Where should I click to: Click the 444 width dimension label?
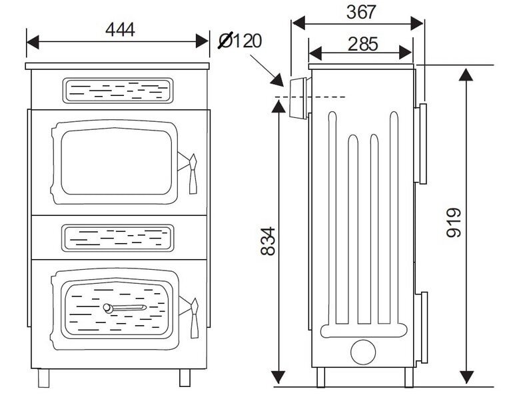pyautogui.click(x=120, y=29)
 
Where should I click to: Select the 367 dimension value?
pyautogui.click(x=361, y=12)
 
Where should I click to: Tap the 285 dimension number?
pyautogui.click(x=362, y=44)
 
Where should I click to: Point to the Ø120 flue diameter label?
pyautogui.click(x=241, y=41)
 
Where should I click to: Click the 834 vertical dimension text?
pyautogui.click(x=267, y=242)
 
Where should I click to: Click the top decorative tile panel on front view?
pyautogui.click(x=118, y=91)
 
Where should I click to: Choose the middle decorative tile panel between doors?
pyautogui.click(x=118, y=237)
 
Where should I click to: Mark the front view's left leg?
pyautogui.click(x=44, y=378)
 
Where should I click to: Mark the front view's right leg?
pyautogui.click(x=185, y=378)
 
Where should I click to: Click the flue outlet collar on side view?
pyautogui.click(x=297, y=98)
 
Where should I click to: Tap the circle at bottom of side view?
pyautogui.click(x=363, y=352)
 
